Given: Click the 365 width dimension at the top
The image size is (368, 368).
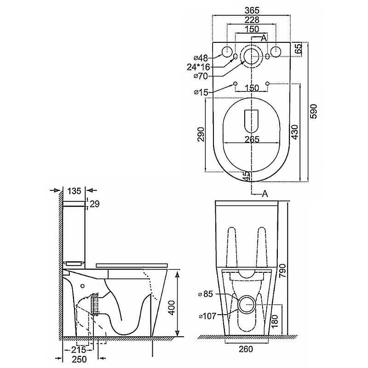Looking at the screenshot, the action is [x=252, y=10].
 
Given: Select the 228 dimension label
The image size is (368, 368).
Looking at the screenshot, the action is [x=252, y=20].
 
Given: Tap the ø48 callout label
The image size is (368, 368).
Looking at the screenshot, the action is [x=201, y=57].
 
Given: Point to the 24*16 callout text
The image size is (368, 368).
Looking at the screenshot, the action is [x=198, y=67].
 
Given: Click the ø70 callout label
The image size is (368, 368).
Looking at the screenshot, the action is [x=201, y=76].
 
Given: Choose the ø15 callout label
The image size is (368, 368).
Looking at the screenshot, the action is [x=201, y=92].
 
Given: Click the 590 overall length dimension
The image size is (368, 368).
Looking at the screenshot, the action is [x=314, y=111].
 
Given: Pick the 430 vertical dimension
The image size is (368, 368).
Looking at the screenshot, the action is [x=295, y=132].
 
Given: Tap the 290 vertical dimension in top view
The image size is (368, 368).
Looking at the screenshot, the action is [x=201, y=134].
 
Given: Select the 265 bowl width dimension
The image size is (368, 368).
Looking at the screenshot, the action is [x=252, y=139].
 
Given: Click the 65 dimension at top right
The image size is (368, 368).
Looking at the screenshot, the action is [x=298, y=49].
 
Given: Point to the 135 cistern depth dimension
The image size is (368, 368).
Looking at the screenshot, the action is [x=74, y=191].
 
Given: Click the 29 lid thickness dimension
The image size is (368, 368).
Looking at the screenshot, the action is [x=95, y=204].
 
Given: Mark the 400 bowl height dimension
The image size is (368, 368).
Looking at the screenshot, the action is [x=172, y=307].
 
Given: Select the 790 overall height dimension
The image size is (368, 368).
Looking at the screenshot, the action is [x=283, y=270].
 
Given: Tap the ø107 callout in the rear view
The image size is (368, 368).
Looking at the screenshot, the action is [x=207, y=316].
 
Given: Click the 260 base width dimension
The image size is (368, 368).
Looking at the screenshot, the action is [x=246, y=349].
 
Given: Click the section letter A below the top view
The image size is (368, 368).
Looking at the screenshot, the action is [x=265, y=194].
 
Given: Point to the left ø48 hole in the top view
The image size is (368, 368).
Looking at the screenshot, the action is [x=227, y=52].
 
